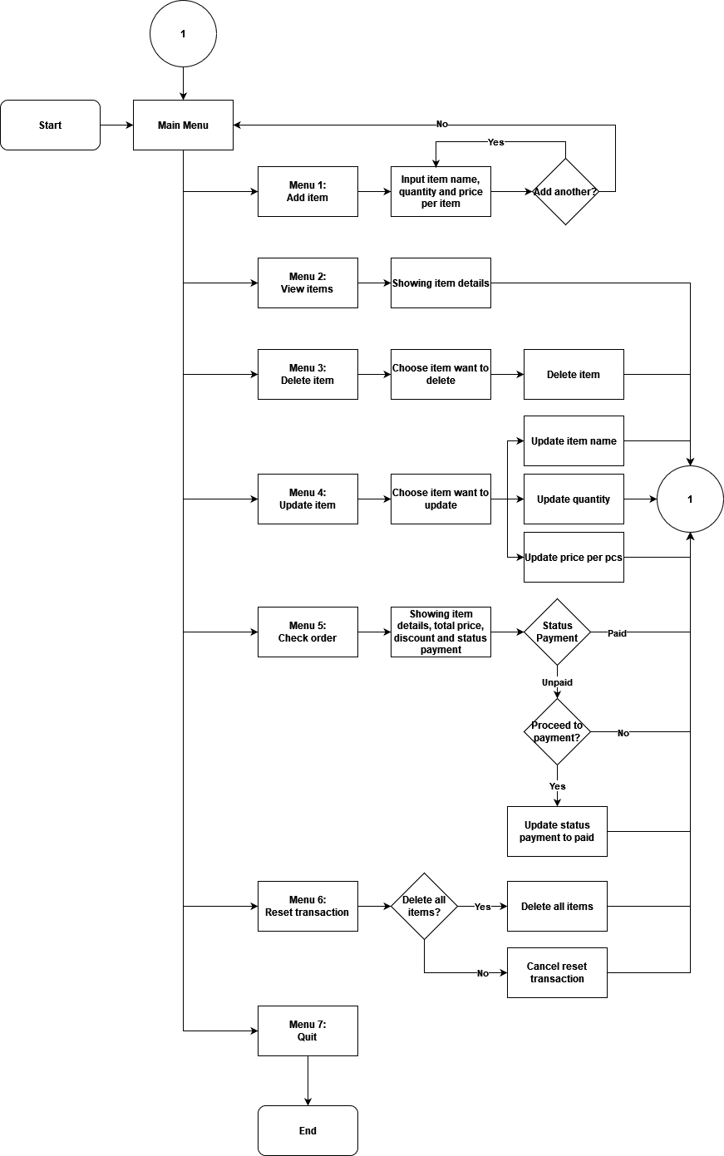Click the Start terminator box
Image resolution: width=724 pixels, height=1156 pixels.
(50, 125)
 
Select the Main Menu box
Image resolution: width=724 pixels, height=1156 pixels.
(183, 125)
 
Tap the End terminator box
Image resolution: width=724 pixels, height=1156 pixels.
(308, 1130)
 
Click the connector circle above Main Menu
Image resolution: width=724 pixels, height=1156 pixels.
(183, 34)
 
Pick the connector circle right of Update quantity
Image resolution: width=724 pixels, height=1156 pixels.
(690, 499)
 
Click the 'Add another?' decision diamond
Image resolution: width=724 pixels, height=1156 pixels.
(565, 191)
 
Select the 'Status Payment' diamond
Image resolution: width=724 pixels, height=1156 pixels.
(557, 632)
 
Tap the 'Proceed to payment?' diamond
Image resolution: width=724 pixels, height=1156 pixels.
(557, 731)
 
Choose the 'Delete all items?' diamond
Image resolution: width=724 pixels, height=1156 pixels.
(424, 906)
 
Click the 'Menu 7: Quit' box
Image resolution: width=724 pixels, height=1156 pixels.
(308, 1031)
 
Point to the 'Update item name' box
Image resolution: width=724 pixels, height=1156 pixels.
(574, 440)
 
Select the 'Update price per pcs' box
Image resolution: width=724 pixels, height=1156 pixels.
(574, 557)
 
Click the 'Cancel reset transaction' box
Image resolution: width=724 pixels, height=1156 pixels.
(557, 972)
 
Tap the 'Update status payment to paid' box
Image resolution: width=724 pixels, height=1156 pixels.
(557, 831)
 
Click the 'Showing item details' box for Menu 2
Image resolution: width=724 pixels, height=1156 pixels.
(441, 283)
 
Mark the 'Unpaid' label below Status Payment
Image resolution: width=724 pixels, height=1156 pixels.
(557, 682)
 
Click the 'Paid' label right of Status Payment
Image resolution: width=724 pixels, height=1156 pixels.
(617, 632)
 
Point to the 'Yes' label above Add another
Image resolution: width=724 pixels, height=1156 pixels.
(495, 142)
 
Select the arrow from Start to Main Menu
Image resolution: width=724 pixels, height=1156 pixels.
(116, 125)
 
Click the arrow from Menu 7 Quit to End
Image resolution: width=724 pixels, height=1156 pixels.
(308, 1080)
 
